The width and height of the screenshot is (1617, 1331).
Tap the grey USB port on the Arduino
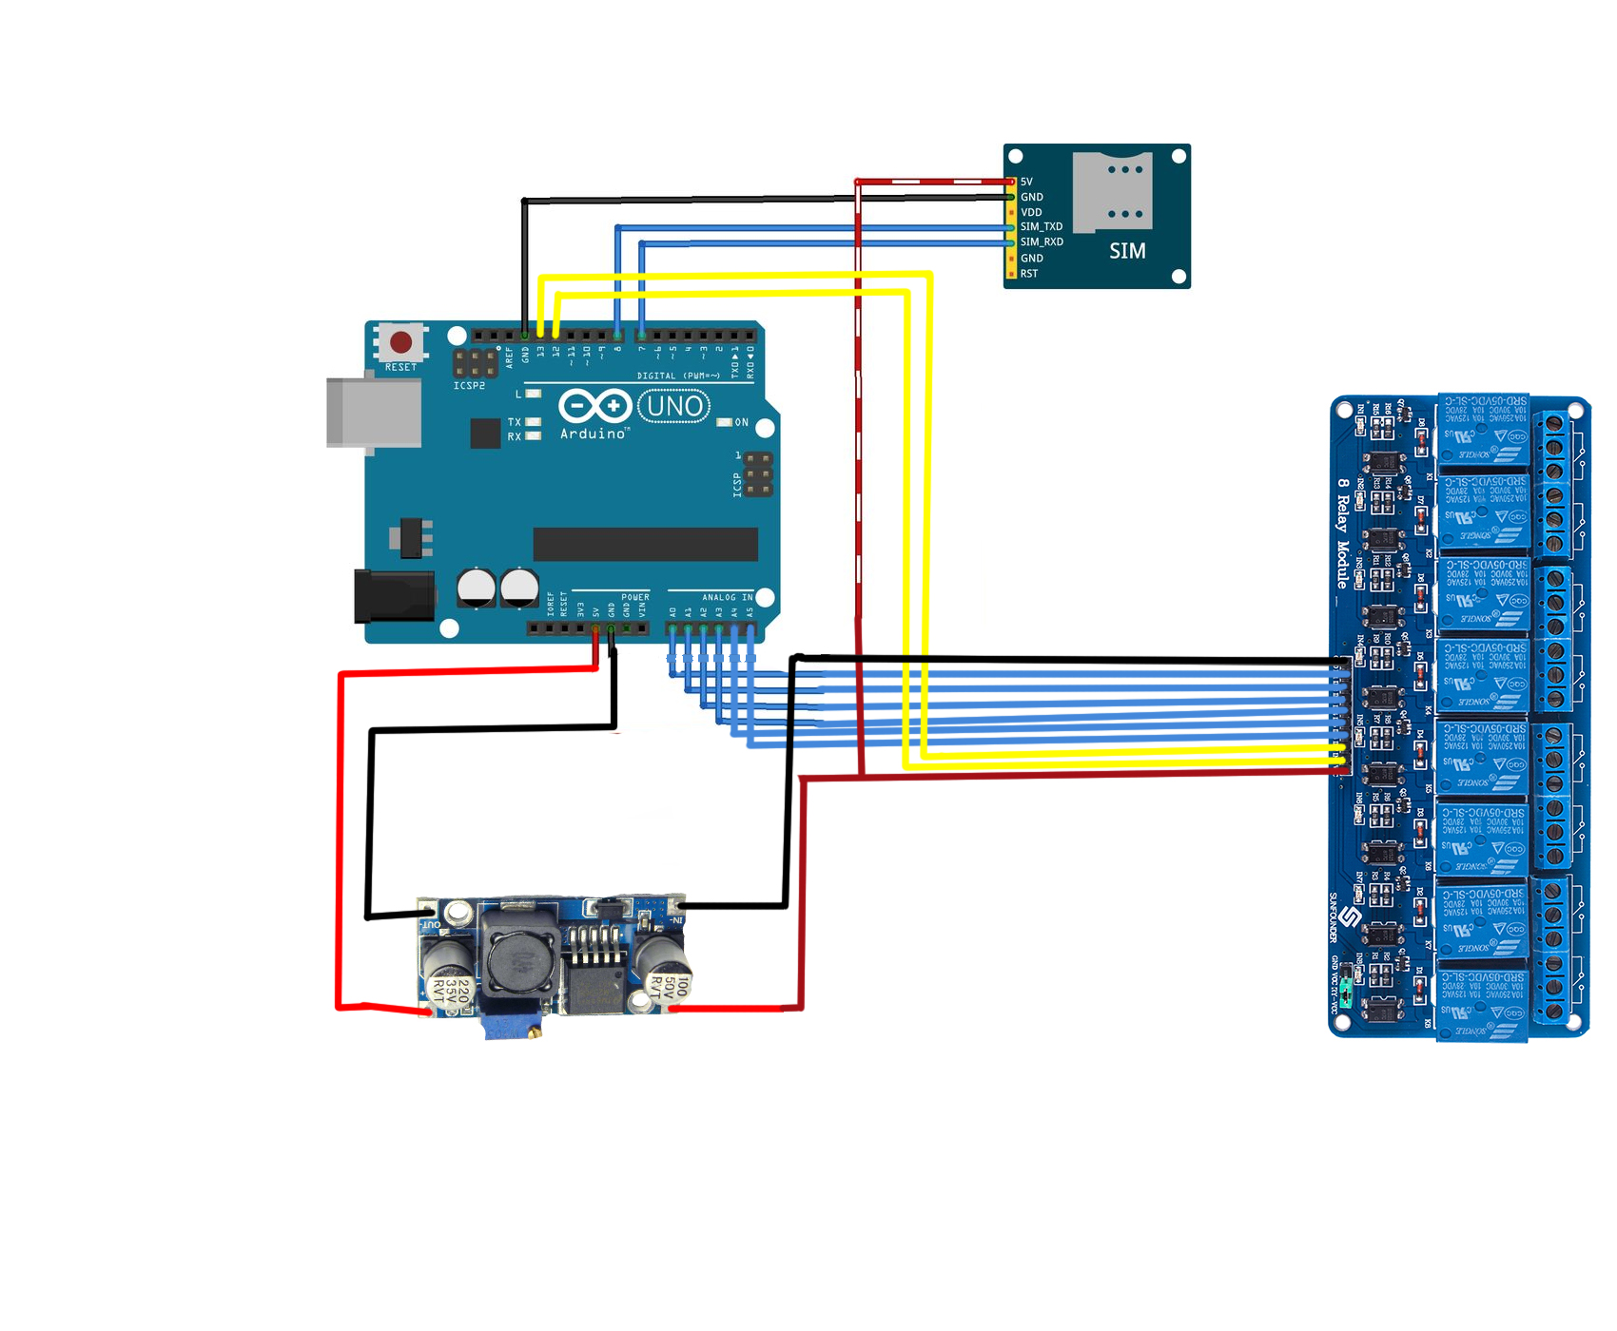pos(374,412)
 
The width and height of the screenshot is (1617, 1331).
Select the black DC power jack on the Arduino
pos(394,596)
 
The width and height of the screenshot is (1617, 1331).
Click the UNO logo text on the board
pos(674,407)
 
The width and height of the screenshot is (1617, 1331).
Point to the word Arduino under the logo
pos(594,434)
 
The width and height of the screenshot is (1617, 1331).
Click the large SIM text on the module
pos(1127,251)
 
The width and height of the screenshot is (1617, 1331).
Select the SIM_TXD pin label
pos(1042,227)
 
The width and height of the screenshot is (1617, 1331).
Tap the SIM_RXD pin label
pos(1042,242)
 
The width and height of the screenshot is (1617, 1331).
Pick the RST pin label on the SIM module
pos(1029,274)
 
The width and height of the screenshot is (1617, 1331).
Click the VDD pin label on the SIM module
pos(1031,212)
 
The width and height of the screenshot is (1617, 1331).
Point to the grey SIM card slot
pos(1112,190)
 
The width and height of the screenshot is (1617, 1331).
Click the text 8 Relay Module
pos(1342,532)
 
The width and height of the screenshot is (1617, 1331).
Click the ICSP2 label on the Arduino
pos(469,386)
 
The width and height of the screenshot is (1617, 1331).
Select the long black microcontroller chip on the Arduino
pos(645,545)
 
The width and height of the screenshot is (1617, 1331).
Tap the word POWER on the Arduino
pos(634,598)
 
